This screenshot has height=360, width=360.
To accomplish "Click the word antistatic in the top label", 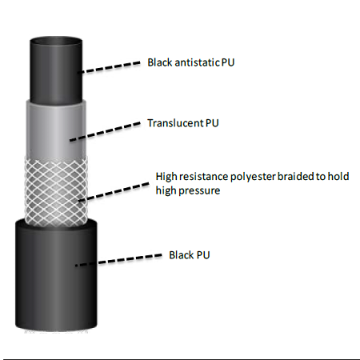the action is tap(197, 62).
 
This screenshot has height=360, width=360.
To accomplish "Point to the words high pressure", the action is tap(188, 190).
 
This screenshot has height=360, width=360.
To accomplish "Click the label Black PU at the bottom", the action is tap(190, 255).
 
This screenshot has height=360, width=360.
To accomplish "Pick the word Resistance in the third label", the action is tap(203, 177).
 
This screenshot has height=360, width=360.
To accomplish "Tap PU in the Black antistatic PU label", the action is tap(228, 62).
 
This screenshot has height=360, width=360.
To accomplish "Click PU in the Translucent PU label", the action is tap(212, 123).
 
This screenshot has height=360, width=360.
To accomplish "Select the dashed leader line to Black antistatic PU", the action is tap(109, 67).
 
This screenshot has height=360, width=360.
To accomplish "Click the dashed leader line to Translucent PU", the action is tap(105, 131).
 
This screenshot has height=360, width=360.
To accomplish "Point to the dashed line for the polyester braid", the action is tap(114, 192).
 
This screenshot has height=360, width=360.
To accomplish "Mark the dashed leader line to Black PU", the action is tap(118, 260).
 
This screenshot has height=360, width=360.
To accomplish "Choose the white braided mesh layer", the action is tap(56, 190).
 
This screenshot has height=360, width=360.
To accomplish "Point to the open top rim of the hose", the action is tap(56, 38).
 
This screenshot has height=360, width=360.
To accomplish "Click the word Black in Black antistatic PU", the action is tap(160, 62).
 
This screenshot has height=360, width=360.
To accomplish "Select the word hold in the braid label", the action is tap(338, 176).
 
